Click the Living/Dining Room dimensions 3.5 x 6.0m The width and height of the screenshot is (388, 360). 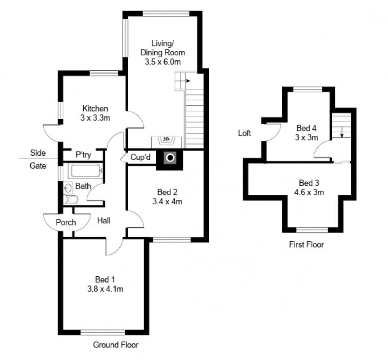coord(162,62)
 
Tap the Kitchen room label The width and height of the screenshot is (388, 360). coord(95,108)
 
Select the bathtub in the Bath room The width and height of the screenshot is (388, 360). coord(86,171)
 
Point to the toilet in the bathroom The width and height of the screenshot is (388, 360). coord(71,199)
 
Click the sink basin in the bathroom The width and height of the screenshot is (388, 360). coord(68,189)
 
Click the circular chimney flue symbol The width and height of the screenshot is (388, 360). coord(170,157)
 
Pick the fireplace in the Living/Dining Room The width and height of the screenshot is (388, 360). coord(167,142)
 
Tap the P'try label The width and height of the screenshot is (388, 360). coord(83,155)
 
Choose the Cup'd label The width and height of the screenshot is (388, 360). coord(140,157)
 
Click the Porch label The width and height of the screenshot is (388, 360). coord(66,222)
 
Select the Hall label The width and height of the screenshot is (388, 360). coord(104,220)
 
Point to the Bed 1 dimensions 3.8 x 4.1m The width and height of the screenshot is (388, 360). coord(105,289)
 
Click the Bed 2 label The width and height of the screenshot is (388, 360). coord(167,192)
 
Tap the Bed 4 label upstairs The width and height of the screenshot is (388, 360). coord(307,128)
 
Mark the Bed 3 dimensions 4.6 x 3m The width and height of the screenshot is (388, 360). coord(309,192)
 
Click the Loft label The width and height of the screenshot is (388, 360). coord(244,133)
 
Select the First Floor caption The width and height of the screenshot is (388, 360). coord(307,245)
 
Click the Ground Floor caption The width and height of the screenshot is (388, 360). coord(116,345)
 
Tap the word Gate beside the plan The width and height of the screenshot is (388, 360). coord(38,166)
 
